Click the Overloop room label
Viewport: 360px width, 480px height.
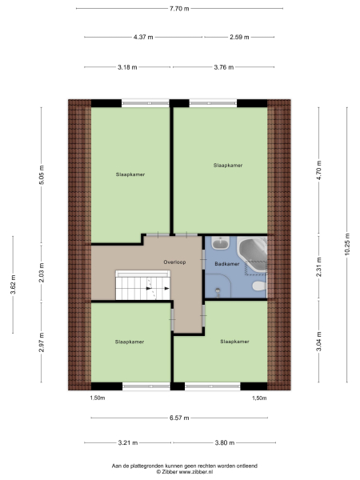(175, 262)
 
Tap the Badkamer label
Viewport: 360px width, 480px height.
(226, 263)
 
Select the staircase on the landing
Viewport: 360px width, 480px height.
(144, 285)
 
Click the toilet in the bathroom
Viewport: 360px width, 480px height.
(257, 286)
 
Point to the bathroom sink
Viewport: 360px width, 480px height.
(220, 246)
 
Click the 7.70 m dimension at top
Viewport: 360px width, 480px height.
(179, 8)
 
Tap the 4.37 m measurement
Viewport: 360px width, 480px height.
(144, 37)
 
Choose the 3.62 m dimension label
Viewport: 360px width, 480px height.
(13, 286)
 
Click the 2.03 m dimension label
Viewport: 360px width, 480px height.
(42, 271)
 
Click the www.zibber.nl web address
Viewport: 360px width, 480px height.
(198, 471)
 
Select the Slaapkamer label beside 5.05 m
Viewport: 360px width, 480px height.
(130, 173)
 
